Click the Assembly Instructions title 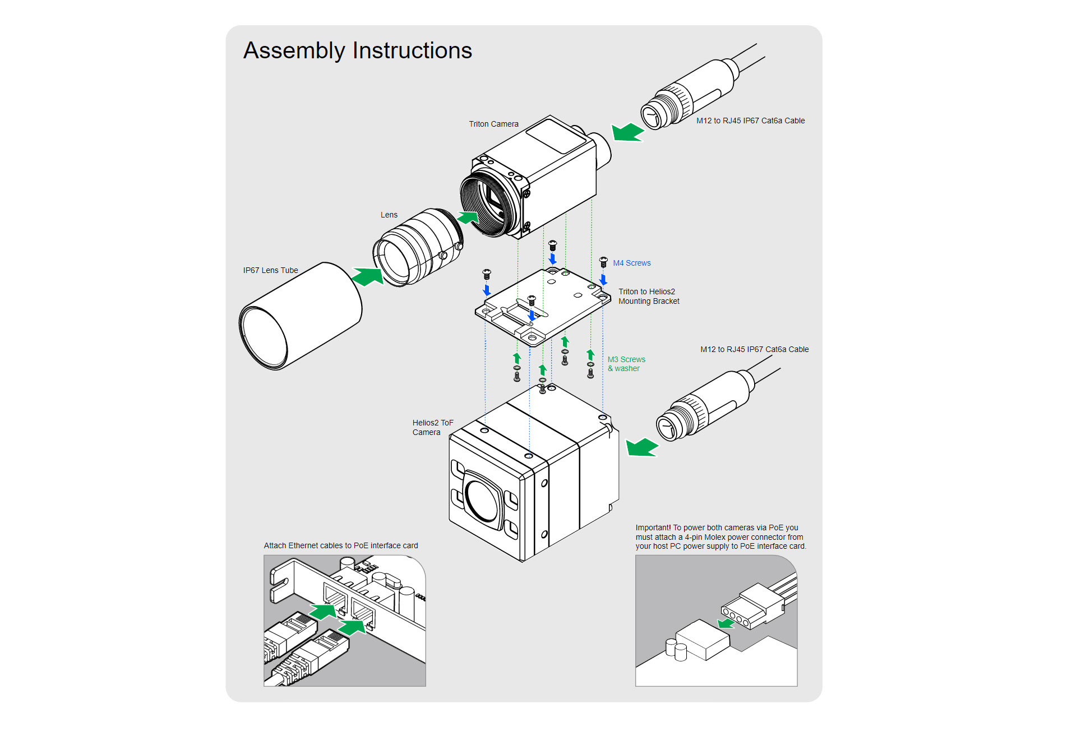click(358, 50)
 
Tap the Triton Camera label click(493, 124)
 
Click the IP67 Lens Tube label click(270, 270)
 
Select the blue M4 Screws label click(631, 263)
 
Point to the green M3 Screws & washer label click(626, 364)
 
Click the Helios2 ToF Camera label click(432, 427)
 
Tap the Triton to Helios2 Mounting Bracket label click(648, 296)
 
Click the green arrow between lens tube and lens click(367, 276)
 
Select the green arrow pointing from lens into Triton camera click(468, 217)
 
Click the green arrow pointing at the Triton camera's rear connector click(627, 133)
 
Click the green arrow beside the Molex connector click(726, 623)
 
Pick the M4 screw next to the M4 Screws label click(603, 262)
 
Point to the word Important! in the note click(653, 527)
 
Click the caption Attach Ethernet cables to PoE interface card click(341, 545)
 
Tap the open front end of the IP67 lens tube click(264, 337)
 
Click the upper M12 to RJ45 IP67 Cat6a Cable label click(750, 121)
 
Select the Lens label click(389, 215)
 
